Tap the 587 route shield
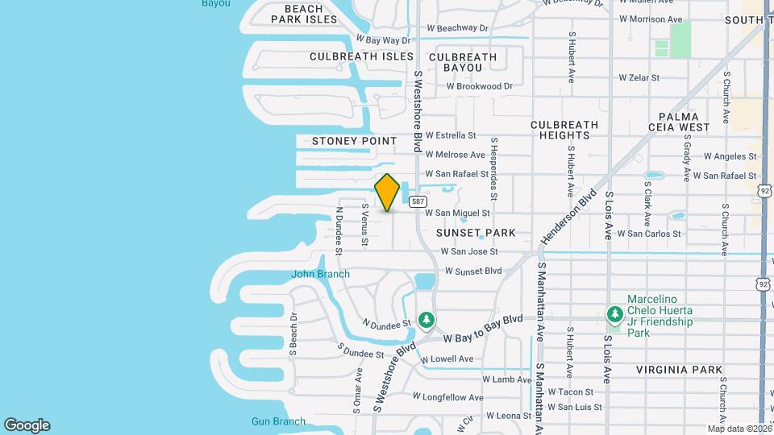pos(417,201)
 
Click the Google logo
pos(27,425)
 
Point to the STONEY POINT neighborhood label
pos(354,141)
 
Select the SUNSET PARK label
pos(475,233)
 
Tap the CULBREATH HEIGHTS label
pos(564,130)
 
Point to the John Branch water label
pos(320,274)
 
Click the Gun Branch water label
pos(278,421)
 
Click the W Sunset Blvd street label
pos(472,271)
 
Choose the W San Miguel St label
pos(457,213)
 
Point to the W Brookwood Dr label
pos(479,86)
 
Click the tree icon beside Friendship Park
pos(615,313)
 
